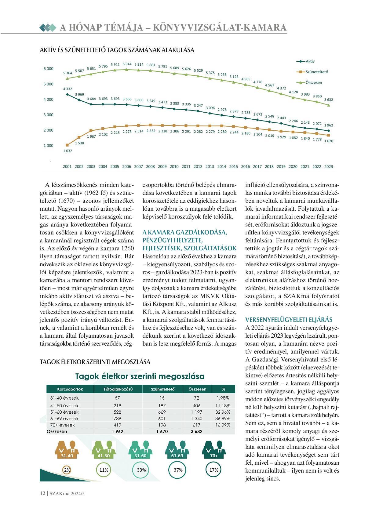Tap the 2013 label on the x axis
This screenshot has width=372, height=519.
click(x=210, y=167)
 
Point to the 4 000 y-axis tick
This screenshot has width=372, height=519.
click(x=48, y=100)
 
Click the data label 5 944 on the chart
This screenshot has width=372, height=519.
click(x=127, y=64)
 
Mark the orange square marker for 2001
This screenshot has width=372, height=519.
click(x=67, y=145)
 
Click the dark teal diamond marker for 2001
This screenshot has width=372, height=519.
click(x=67, y=94)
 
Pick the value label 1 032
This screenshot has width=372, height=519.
click(x=67, y=151)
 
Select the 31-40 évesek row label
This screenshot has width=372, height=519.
click(x=64, y=398)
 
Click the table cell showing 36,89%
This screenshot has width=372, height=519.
click(x=223, y=419)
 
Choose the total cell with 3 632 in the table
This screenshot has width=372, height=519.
click(x=197, y=431)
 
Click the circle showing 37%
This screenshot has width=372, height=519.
click(x=178, y=470)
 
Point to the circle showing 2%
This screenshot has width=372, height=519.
click(x=67, y=470)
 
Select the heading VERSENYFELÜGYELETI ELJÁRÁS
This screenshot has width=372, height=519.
click(x=289, y=320)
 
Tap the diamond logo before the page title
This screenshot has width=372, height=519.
click(x=48, y=28)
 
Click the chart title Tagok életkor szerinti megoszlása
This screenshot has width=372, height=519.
click(x=140, y=376)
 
